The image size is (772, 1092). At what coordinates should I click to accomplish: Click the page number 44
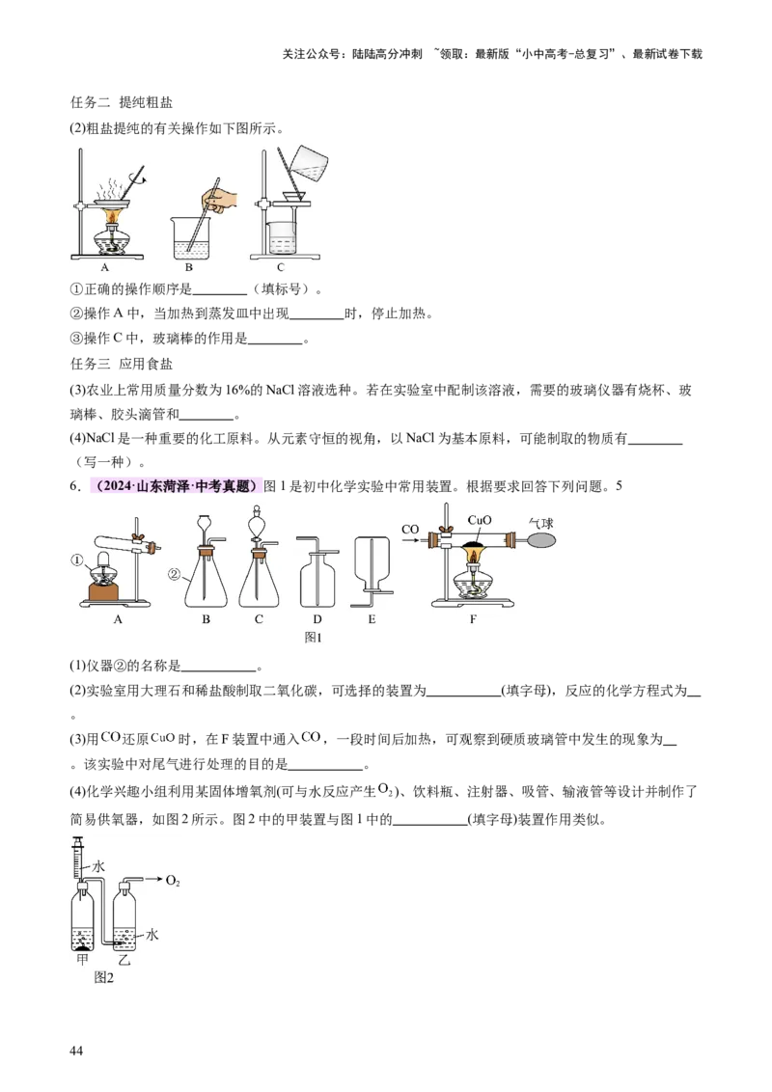click(x=76, y=1051)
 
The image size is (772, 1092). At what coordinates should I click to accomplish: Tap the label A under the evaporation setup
click(x=105, y=267)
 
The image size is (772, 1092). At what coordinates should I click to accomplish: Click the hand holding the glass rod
click(x=222, y=198)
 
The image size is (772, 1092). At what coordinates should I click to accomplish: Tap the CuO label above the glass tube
click(x=480, y=520)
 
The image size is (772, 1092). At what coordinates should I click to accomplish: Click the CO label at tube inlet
click(x=410, y=530)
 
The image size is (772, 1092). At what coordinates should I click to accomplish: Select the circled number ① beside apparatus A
click(x=77, y=560)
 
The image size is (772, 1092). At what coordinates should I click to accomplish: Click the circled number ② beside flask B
click(x=175, y=575)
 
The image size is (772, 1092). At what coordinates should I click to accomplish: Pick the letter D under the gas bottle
click(x=317, y=619)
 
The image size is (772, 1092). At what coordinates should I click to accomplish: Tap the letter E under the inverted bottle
click(x=372, y=619)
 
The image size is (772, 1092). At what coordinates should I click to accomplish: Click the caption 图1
click(x=314, y=638)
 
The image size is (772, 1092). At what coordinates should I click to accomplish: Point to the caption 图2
click(x=104, y=978)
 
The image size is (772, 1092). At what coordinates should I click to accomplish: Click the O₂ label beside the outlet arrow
click(x=173, y=881)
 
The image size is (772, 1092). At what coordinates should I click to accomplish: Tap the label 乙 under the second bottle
click(x=124, y=960)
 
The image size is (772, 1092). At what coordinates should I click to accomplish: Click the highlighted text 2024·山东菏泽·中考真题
click(x=177, y=486)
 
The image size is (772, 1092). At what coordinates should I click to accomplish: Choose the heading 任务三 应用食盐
click(x=122, y=364)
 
